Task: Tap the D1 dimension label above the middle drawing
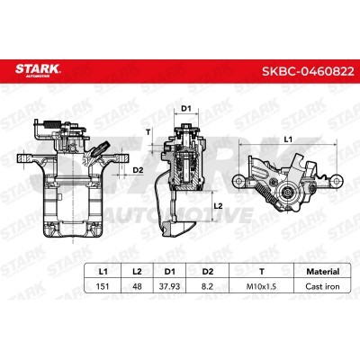(x=187, y=110)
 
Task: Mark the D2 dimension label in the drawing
(x=138, y=167)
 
